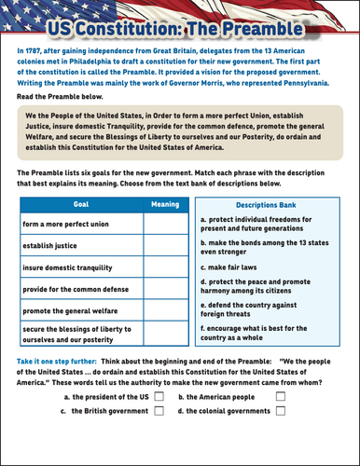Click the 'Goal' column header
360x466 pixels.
tap(80, 205)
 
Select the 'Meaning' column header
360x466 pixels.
tap(164, 205)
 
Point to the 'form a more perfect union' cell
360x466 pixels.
tap(80, 225)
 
